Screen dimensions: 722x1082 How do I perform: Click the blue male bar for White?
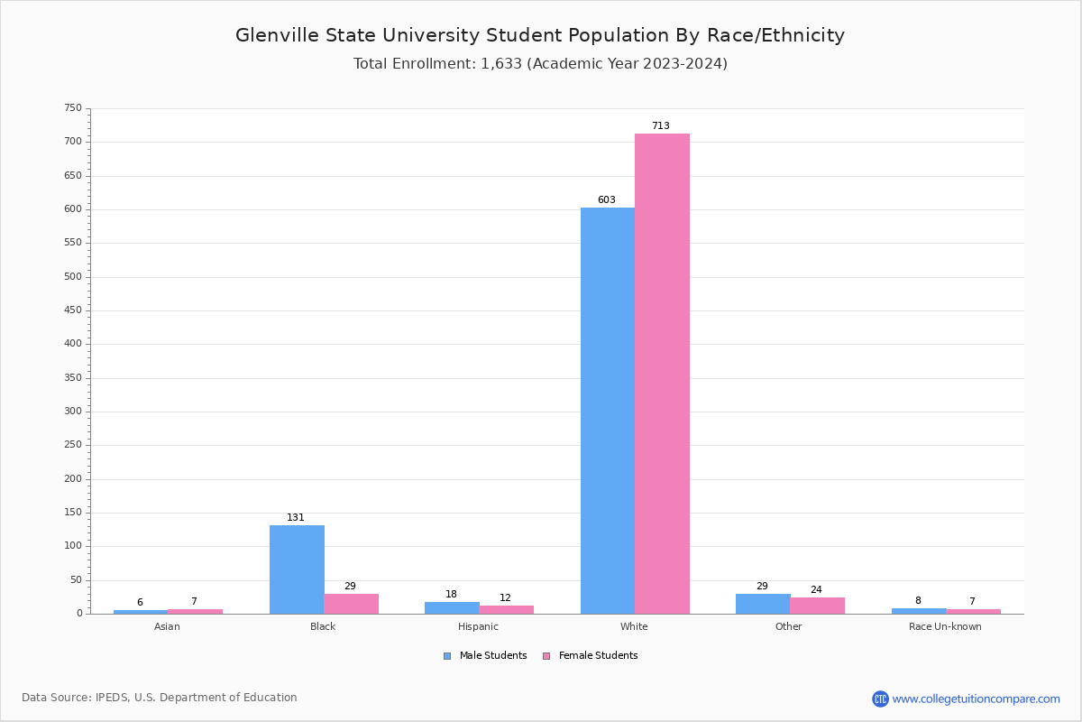pyautogui.click(x=608, y=411)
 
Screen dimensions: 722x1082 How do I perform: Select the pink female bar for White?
pyautogui.click(x=662, y=374)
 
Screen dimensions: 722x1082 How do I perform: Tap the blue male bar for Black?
pyautogui.click(x=297, y=569)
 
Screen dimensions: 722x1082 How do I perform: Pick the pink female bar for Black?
pyautogui.click(x=352, y=604)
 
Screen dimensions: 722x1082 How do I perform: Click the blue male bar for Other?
pyautogui.click(x=763, y=604)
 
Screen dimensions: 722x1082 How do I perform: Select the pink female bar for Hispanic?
pyautogui.click(x=507, y=609)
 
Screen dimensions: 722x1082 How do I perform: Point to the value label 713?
pyautogui.click(x=661, y=126)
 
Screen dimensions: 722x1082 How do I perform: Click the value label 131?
pyautogui.click(x=296, y=518)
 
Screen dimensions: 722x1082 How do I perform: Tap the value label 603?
pyautogui.click(x=607, y=200)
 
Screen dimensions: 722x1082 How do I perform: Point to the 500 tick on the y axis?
pyautogui.click(x=73, y=277)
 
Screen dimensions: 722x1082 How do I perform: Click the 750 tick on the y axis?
pyautogui.click(x=73, y=108)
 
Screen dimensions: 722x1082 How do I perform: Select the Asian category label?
pyautogui.click(x=167, y=626)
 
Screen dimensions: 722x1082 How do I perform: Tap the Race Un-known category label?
pyautogui.click(x=945, y=626)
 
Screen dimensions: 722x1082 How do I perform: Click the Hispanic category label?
pyautogui.click(x=478, y=626)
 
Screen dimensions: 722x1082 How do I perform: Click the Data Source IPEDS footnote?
pyautogui.click(x=160, y=698)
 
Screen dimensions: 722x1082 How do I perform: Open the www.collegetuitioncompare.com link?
pyautogui.click(x=976, y=699)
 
